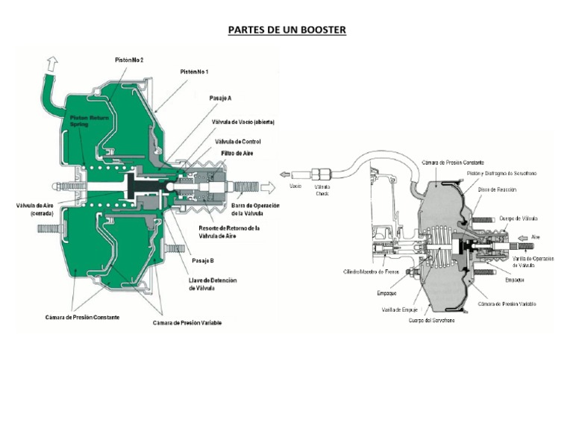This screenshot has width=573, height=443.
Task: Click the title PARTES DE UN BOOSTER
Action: coord(286,30)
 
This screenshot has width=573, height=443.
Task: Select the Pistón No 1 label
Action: coord(194,72)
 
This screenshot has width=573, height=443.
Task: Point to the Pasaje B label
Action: coord(203,260)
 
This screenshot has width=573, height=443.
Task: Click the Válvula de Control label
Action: coord(237,140)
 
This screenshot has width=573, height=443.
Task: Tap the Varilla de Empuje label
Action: coord(398,309)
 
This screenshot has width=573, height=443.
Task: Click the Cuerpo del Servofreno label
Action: coord(431,320)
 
